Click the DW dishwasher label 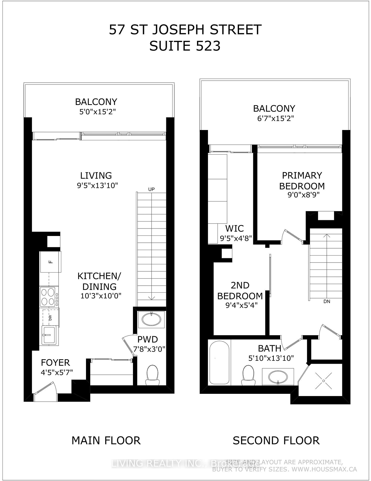click(50, 318)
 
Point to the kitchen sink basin click(49, 335)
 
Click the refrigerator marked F click(50, 262)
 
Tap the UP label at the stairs click(151, 189)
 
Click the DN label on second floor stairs click(326, 302)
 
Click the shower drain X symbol click(323, 381)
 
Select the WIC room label click(234, 228)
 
